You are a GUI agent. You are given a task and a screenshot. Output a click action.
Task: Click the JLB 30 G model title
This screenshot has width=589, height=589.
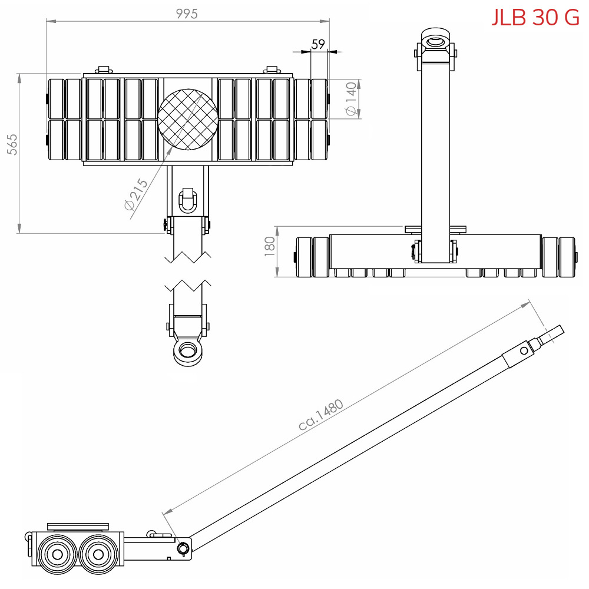535,18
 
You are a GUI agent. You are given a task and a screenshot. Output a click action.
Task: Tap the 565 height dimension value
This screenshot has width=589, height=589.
12,145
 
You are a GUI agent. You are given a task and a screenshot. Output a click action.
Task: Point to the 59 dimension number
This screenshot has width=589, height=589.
318,44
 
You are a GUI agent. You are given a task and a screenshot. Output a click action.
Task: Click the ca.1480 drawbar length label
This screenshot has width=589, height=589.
320,416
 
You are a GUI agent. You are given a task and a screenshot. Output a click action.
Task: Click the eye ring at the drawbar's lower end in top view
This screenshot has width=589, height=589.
188,352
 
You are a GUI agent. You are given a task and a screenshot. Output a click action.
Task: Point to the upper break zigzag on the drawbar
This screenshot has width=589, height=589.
188,257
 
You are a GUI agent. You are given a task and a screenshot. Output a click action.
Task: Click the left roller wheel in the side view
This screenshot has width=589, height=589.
57,554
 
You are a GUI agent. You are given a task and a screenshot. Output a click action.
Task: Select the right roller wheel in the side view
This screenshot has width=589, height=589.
98,554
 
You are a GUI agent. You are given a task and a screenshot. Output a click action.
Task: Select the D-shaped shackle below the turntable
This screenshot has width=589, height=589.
188,199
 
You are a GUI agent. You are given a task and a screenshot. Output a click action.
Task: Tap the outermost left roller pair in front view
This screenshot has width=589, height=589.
313,257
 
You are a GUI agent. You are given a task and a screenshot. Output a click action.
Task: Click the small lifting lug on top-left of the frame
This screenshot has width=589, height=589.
104,70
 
